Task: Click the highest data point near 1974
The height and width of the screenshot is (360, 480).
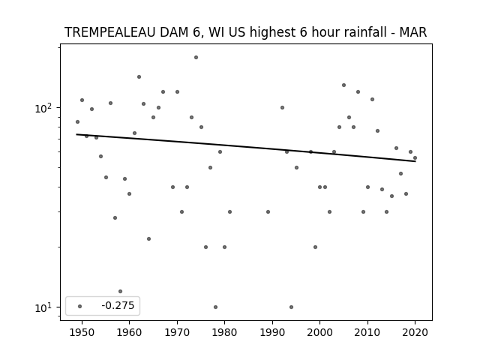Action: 196,57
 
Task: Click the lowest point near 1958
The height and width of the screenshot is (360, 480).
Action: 120,292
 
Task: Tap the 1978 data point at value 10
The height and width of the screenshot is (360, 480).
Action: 215,307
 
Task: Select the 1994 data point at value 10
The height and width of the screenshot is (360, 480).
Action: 291,307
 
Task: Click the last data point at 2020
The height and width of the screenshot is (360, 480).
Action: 415,158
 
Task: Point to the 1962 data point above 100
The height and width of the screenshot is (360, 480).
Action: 139,76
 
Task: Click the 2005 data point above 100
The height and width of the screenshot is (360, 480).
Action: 343,85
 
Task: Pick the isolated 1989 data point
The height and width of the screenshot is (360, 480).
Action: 268,211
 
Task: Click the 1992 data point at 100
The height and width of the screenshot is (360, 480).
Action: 282,107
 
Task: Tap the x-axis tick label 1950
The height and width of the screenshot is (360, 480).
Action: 82,332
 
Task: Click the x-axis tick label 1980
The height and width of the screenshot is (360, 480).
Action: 224,332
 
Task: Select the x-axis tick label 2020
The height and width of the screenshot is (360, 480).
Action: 415,332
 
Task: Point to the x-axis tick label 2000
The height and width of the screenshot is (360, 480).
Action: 320,332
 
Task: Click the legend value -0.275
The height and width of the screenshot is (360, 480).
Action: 118,305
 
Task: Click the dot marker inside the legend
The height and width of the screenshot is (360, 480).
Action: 80,306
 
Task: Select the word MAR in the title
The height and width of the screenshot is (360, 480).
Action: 413,32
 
